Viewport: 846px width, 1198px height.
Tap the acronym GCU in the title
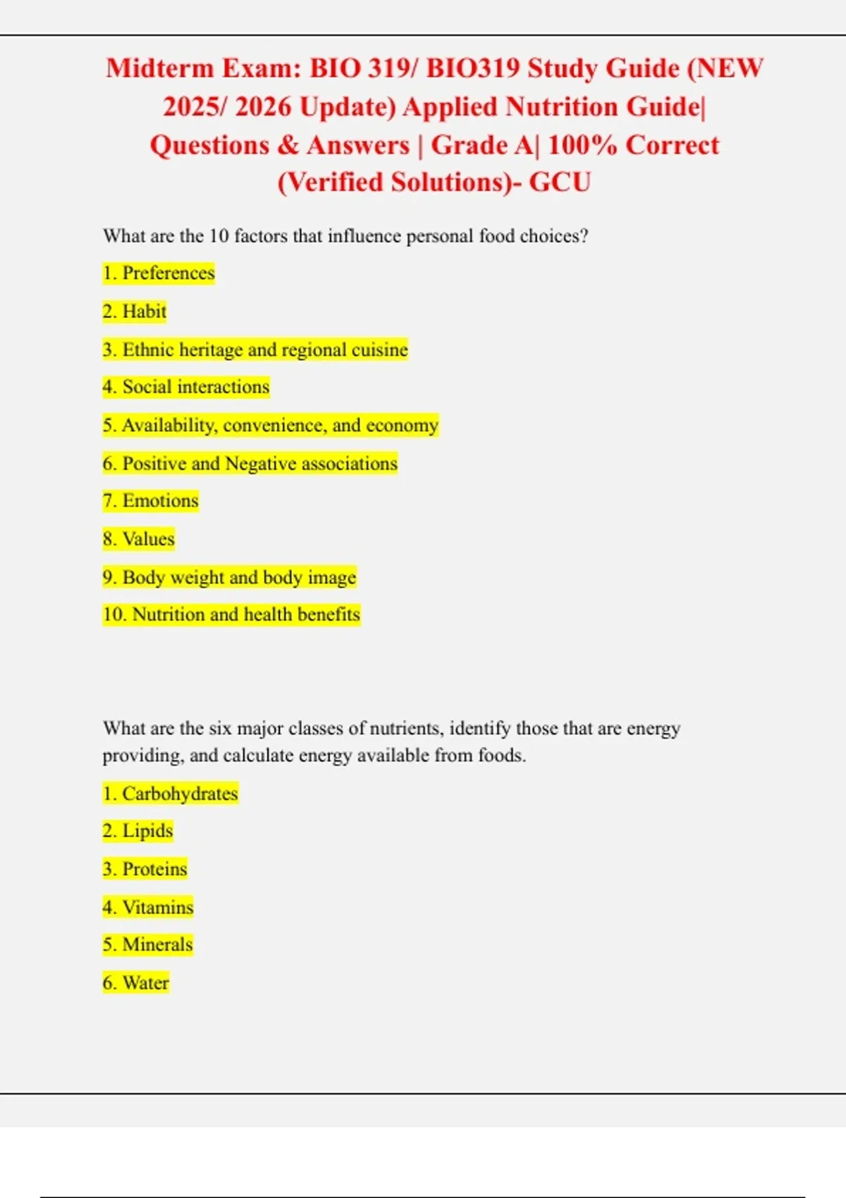(560, 183)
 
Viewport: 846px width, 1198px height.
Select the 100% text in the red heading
(582, 145)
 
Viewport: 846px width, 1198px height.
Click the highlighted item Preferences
(168, 273)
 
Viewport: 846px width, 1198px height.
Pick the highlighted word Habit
(144, 311)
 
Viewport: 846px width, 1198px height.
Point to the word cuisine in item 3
(380, 350)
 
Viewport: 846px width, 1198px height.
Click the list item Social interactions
(195, 387)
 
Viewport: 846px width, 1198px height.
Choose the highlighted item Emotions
(160, 501)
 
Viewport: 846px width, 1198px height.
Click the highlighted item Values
(148, 539)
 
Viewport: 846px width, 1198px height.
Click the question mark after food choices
(583, 236)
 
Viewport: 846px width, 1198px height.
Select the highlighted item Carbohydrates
(180, 793)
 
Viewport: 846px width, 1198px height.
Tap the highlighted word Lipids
(147, 831)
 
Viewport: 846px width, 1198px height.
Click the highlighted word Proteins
(154, 869)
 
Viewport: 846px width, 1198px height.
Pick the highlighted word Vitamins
(157, 907)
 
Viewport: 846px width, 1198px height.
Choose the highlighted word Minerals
(157, 944)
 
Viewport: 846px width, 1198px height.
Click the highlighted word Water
(145, 982)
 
